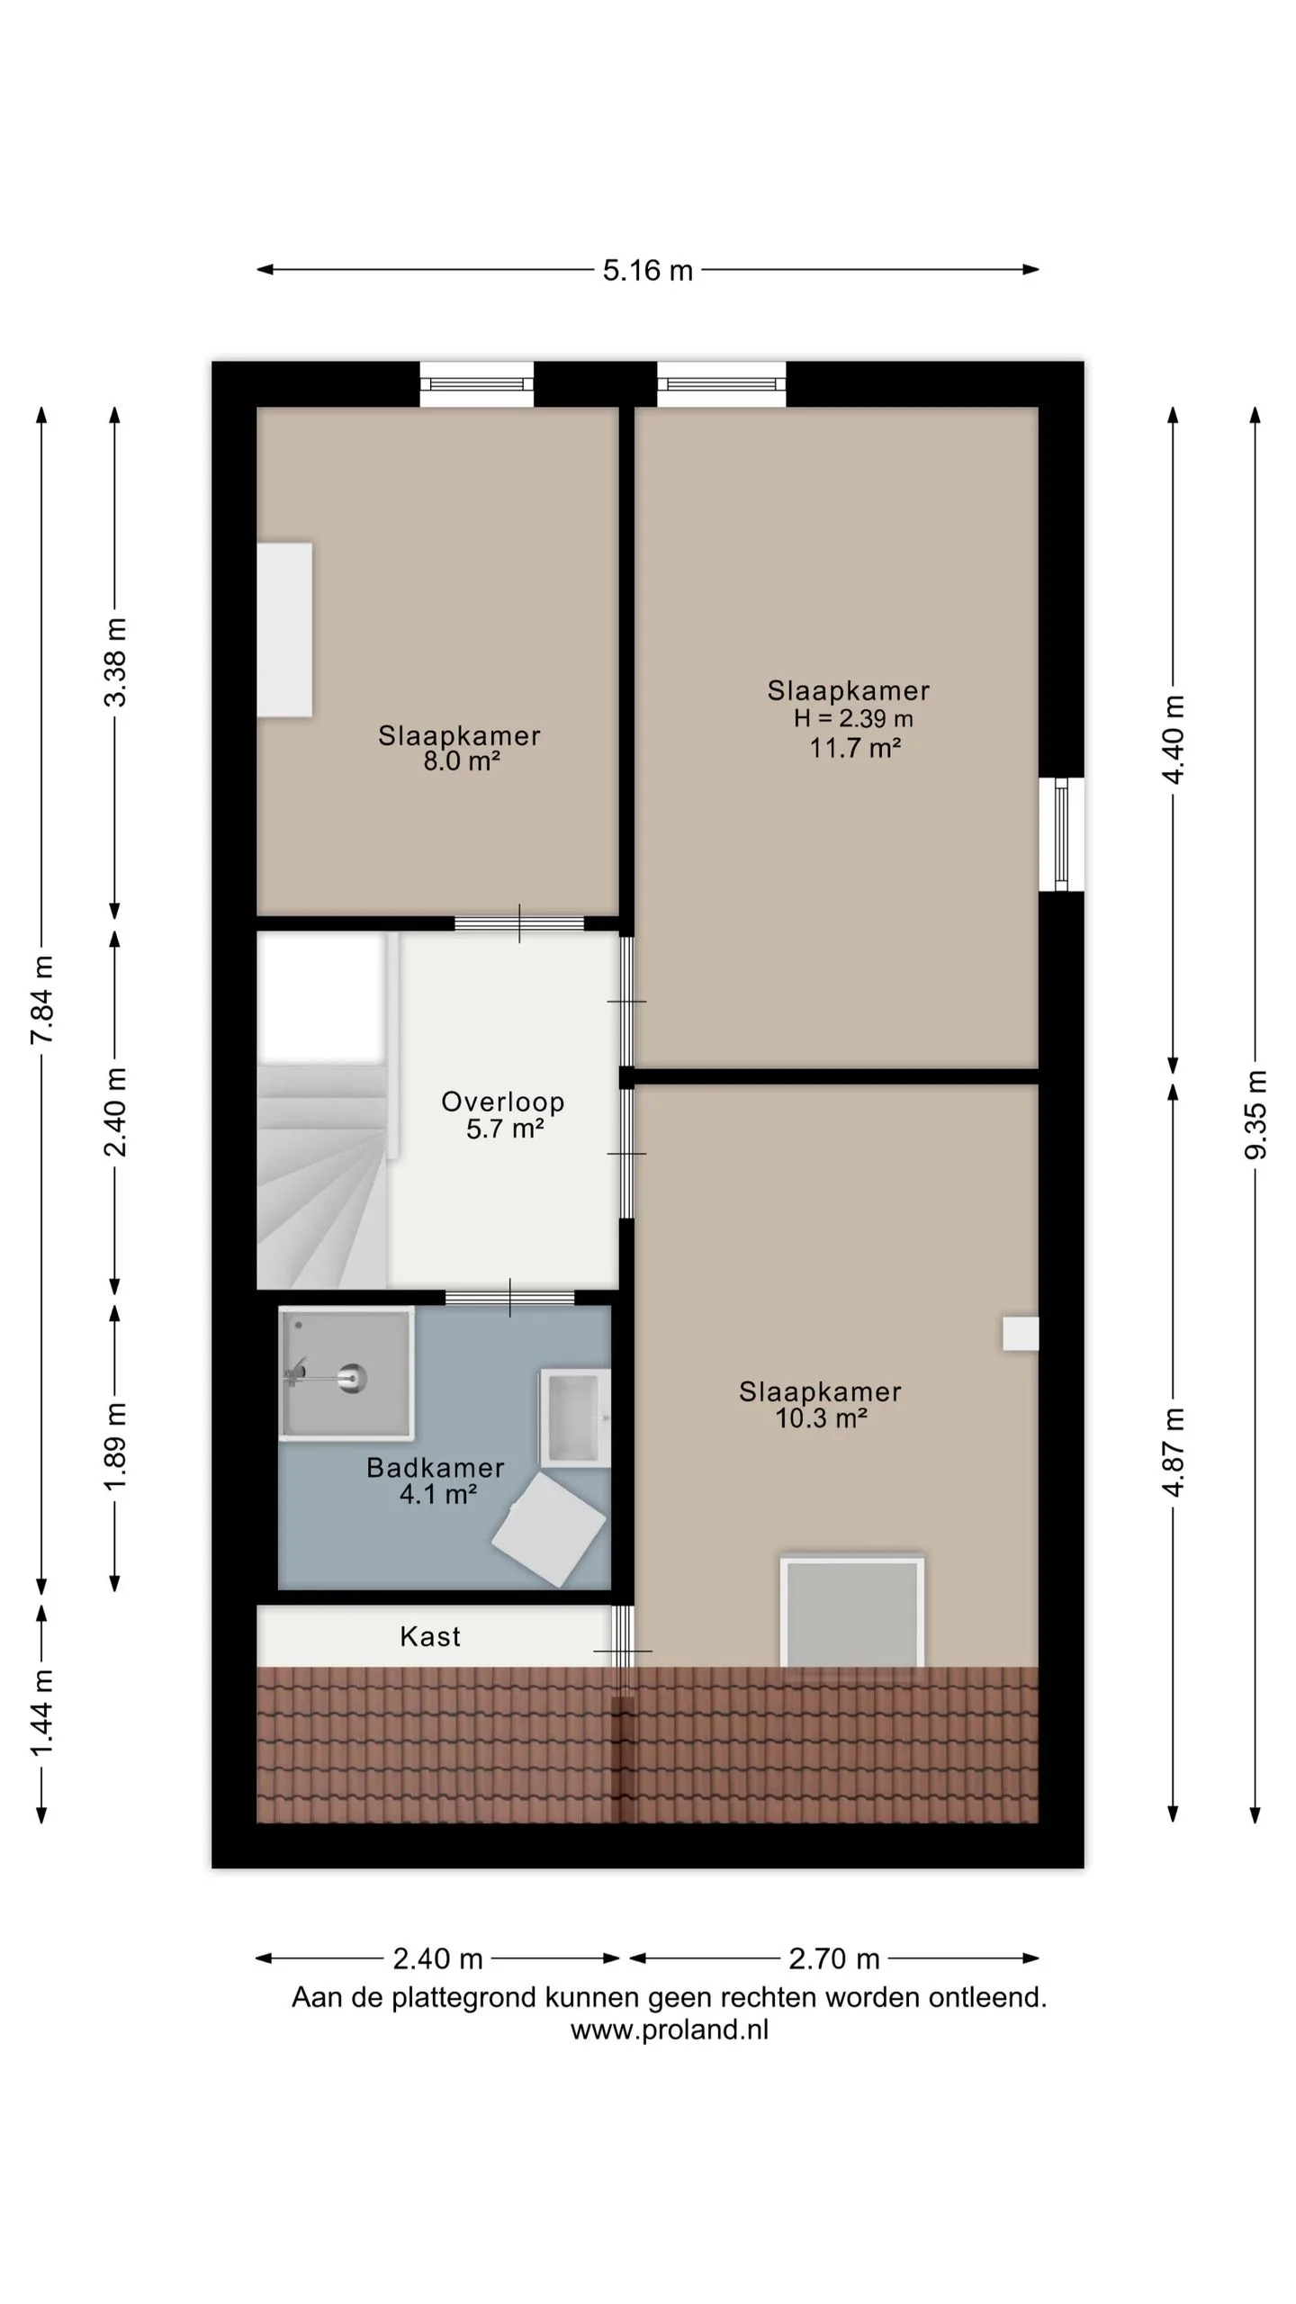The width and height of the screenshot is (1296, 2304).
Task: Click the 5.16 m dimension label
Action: [x=647, y=270]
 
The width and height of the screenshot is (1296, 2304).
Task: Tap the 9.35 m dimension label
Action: [x=1255, y=1115]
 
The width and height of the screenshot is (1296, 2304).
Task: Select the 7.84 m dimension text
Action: [x=42, y=1000]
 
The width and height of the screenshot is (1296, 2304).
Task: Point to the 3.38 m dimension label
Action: [x=115, y=662]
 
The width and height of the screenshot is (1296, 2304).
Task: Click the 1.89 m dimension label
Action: [x=115, y=1446]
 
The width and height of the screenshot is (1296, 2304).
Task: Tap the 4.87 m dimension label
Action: [x=1174, y=1452]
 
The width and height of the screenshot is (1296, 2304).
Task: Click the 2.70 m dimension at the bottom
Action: [x=833, y=1958]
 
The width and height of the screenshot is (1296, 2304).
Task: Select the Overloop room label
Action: [x=503, y=1102]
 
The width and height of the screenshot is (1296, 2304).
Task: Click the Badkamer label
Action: [x=436, y=1468]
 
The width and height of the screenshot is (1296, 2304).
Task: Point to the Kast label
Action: [x=430, y=1636]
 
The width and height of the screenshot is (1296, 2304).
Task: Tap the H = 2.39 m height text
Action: [x=853, y=718]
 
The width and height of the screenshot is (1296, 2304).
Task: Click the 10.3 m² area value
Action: [x=821, y=1418]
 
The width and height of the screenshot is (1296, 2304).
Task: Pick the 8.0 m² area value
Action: [x=462, y=761]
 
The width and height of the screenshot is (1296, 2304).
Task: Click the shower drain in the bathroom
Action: [x=352, y=1376]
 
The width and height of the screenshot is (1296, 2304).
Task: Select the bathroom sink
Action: [x=575, y=1418]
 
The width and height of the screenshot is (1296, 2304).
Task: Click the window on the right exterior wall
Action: [x=1061, y=834]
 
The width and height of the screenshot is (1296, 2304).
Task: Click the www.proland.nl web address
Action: [x=670, y=2029]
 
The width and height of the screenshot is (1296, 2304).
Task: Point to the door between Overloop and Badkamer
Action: [x=510, y=1298]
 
